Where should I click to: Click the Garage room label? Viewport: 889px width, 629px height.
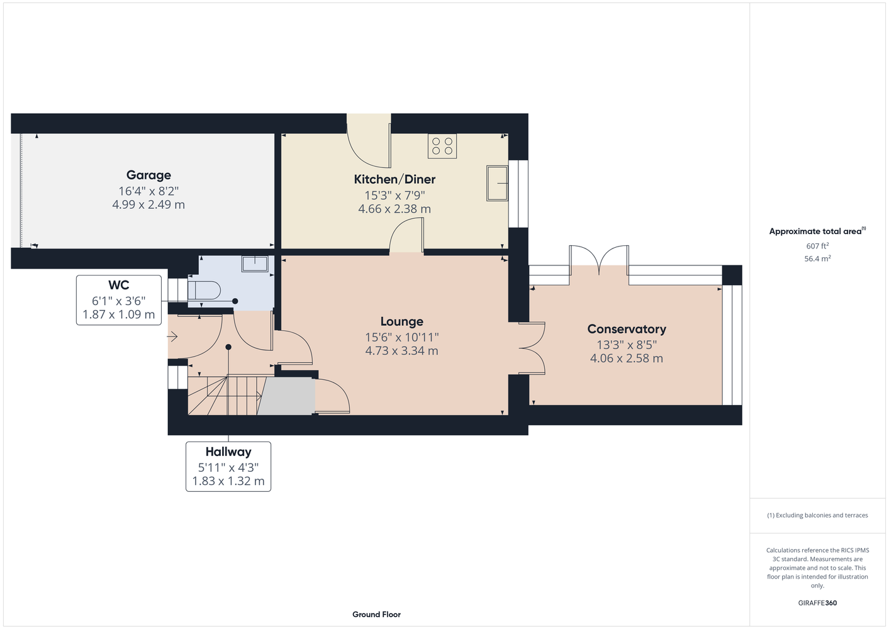(148, 175)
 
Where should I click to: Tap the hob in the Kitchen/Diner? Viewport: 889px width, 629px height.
(442, 146)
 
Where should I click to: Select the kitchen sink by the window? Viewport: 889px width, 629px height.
(497, 183)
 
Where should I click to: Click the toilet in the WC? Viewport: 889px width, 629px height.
(204, 291)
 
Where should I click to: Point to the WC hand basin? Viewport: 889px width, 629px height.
(254, 263)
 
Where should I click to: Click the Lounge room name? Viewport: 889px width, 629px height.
(401, 321)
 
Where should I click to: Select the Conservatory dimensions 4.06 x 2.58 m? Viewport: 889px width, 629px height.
(626, 359)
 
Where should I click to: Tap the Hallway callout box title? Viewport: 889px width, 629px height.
(228, 452)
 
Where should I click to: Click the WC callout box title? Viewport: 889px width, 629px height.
(119, 285)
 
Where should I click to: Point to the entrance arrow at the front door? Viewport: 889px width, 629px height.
(172, 337)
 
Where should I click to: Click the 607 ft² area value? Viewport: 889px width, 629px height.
(817, 246)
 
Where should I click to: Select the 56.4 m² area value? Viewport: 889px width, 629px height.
(817, 259)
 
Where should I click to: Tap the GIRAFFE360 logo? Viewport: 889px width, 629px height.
(817, 603)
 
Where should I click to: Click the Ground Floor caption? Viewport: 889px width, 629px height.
(376, 615)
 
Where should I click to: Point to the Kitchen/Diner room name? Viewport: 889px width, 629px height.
(394, 179)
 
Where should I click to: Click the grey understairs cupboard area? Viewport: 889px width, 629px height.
(286, 396)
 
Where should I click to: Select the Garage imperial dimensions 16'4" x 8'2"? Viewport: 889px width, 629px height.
(148, 191)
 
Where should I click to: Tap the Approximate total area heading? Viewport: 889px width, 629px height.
(817, 231)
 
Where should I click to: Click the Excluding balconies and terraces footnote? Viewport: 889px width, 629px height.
(817, 515)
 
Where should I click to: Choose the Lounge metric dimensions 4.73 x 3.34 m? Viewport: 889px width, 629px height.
(401, 351)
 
